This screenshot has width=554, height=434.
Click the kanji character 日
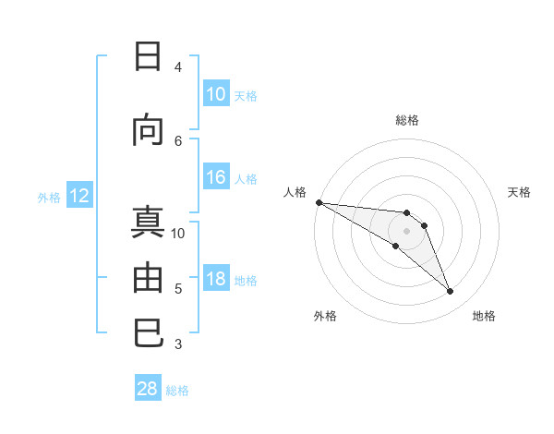point(148,57)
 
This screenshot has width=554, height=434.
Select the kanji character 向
point(148,130)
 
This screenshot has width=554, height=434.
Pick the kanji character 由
point(148,277)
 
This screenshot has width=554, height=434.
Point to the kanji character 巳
point(148,332)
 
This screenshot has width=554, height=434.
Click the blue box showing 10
point(216,94)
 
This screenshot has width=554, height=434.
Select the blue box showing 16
point(216,178)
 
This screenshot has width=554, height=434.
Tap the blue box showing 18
point(216,280)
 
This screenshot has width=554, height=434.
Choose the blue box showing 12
point(78,196)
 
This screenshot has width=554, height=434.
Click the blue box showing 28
point(148,389)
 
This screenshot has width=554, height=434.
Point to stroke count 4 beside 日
point(178,67)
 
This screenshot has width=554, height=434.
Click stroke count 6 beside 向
point(178,140)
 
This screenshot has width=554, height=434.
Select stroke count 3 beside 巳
point(178,344)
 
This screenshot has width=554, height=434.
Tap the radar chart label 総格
point(407,120)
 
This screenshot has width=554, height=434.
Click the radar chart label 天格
point(520,192)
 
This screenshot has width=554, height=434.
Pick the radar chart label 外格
point(325,316)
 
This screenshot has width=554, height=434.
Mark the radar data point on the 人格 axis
point(319,202)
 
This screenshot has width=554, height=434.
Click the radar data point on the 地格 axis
point(451,292)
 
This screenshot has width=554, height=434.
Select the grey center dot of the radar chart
point(407,231)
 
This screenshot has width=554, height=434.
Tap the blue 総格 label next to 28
point(178,391)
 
